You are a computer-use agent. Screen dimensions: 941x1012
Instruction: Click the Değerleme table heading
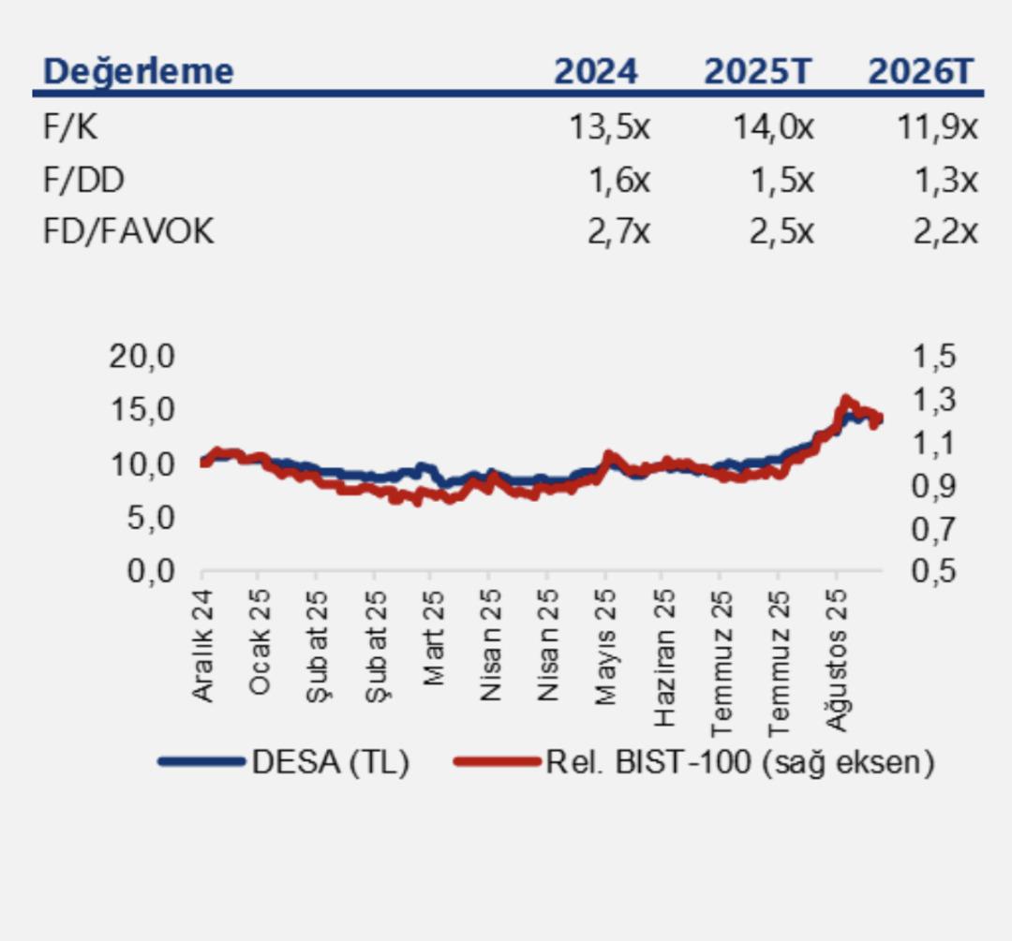click(x=139, y=71)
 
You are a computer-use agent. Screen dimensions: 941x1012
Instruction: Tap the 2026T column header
click(x=921, y=71)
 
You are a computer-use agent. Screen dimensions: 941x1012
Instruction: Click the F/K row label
click(x=70, y=127)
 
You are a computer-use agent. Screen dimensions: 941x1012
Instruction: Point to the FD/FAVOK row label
click(x=128, y=231)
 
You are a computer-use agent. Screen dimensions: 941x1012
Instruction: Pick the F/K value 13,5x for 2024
click(x=609, y=127)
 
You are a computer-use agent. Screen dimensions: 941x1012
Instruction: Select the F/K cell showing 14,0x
click(x=773, y=127)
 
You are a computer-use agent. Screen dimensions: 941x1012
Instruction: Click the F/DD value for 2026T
click(x=945, y=180)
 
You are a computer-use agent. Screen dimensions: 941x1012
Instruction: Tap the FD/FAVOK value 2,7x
click(x=618, y=231)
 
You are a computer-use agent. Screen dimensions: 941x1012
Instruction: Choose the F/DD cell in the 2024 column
click(x=618, y=180)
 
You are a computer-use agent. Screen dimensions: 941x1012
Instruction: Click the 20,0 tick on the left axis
click(x=142, y=356)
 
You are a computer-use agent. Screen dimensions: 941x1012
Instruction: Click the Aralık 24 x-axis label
click(x=203, y=646)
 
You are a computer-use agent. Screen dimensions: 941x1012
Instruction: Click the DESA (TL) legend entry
click(x=330, y=762)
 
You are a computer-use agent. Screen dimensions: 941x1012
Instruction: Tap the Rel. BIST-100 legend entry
click(x=740, y=762)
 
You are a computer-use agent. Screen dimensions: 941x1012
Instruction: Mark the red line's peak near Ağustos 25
click(x=846, y=400)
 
